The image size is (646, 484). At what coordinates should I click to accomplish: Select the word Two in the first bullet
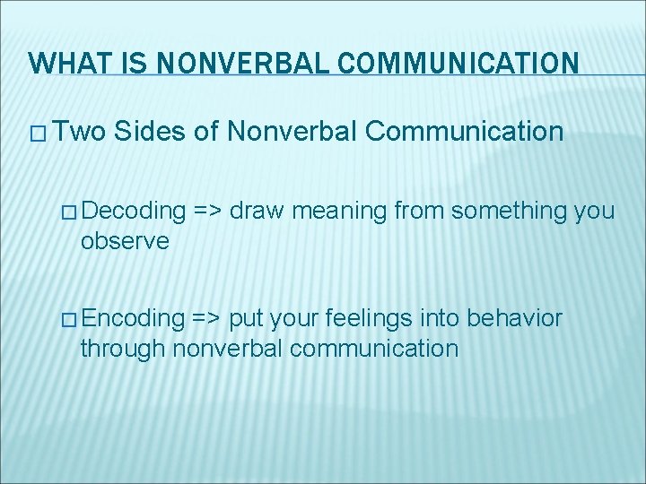pos(79,133)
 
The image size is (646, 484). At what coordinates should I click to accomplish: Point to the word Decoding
pos(135,212)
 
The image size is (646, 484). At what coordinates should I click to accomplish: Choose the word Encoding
pos(135,318)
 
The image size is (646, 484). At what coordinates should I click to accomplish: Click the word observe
pos(124,241)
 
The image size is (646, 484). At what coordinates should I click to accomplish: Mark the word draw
pos(254,212)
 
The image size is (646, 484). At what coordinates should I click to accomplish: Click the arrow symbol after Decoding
pos(207,212)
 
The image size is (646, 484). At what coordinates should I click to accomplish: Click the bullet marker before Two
pos(39,134)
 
